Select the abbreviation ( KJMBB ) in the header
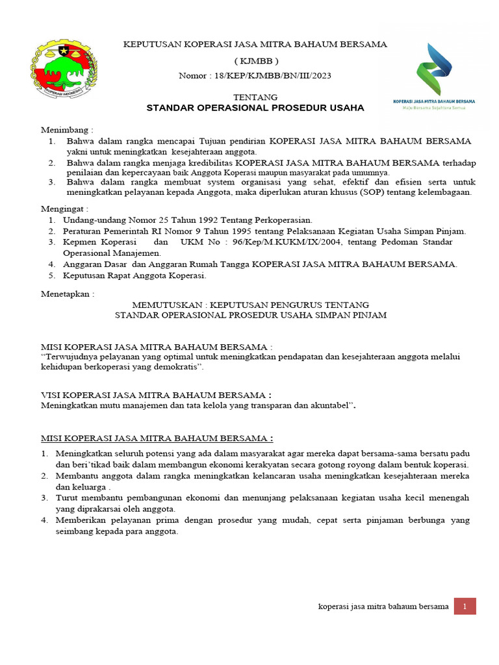(255, 60)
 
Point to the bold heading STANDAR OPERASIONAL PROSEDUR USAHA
(255, 108)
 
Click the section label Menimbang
(68, 129)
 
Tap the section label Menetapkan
(68, 294)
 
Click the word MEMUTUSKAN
(162, 304)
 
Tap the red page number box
(465, 607)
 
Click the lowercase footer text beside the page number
(383, 607)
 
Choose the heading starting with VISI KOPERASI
(156, 395)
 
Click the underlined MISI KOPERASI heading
(157, 438)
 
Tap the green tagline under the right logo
(434, 108)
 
